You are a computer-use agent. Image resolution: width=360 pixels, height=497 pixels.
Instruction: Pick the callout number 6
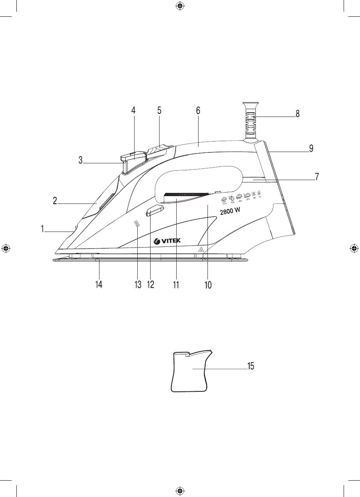tap(198, 110)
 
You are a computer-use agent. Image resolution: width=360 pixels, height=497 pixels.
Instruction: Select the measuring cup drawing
tap(191, 371)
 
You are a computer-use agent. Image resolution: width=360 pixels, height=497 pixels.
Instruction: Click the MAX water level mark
tap(137, 224)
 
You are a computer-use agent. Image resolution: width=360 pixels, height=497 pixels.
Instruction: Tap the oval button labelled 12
tap(154, 212)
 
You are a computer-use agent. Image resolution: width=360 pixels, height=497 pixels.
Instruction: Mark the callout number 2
tap(55, 201)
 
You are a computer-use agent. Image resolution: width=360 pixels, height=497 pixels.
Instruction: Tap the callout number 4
tap(133, 110)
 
